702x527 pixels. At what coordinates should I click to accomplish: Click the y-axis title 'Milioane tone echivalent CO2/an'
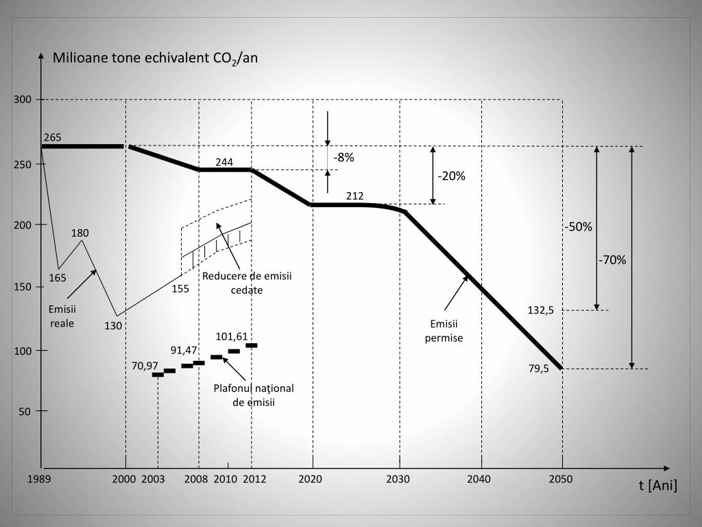tap(155, 58)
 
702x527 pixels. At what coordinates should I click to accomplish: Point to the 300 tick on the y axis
tap(23, 100)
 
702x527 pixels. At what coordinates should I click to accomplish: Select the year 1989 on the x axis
tap(39, 479)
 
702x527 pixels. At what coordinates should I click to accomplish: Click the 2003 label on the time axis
tap(153, 479)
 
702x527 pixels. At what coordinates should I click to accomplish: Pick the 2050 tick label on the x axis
tap(561, 479)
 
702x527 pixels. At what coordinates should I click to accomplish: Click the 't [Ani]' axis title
tap(657, 486)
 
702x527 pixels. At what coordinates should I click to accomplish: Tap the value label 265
tap(53, 137)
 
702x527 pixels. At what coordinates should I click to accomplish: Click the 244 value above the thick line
tap(224, 162)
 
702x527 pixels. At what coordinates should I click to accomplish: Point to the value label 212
tap(355, 196)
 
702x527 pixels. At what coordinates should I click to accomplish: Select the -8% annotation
tap(343, 157)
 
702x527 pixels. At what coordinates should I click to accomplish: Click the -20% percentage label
tap(452, 176)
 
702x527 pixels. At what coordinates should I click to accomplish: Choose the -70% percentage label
tap(612, 260)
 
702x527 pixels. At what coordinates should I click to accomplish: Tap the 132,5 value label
tap(540, 310)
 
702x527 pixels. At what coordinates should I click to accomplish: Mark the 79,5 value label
tap(538, 369)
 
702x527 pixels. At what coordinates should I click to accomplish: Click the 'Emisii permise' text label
tap(444, 331)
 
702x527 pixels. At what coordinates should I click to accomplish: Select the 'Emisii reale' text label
tap(62, 316)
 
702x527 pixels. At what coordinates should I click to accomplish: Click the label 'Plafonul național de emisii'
tap(253, 395)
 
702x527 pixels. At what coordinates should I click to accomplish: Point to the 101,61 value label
tap(232, 336)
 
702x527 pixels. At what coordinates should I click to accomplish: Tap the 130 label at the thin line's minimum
tap(113, 326)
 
